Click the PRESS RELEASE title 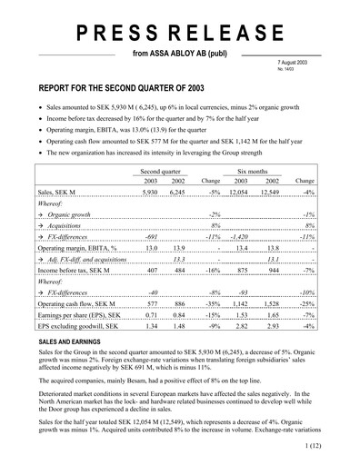pyautogui.click(x=179, y=35)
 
